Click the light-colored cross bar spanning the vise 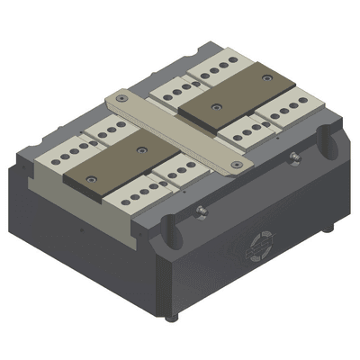pyautogui.click(x=175, y=131)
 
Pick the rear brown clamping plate pyautogui.click(x=236, y=94)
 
